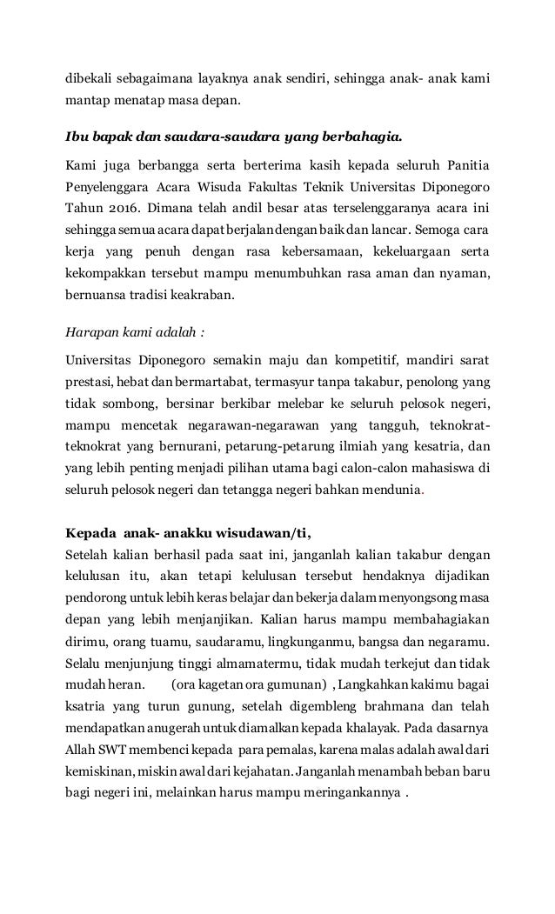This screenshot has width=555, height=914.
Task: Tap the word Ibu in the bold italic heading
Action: (x=77, y=137)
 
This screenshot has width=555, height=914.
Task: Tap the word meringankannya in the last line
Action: (x=357, y=793)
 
